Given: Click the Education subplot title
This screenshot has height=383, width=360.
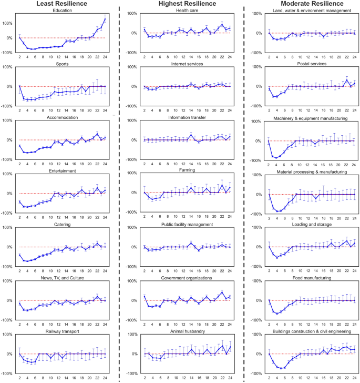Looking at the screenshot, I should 63,11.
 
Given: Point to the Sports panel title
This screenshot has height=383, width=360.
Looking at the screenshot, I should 63,64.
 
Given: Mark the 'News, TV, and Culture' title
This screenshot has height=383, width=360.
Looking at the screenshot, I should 63,278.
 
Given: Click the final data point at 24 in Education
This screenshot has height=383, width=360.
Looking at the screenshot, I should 105,19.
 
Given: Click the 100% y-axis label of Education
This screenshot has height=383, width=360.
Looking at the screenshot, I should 8,23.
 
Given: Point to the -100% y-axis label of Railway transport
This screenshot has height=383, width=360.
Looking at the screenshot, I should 7,374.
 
